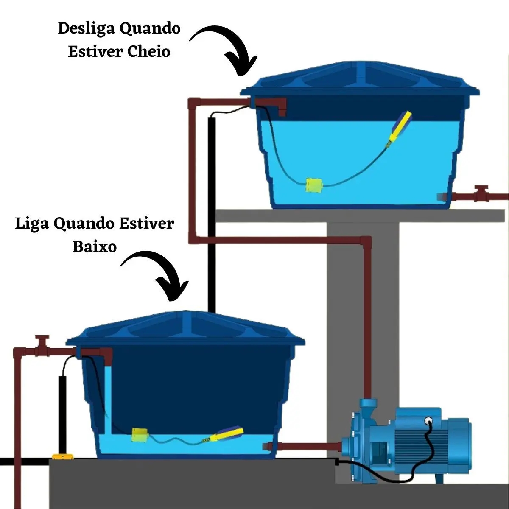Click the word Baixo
[94, 246]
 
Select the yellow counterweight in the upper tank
[314, 185]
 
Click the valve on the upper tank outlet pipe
[481, 193]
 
